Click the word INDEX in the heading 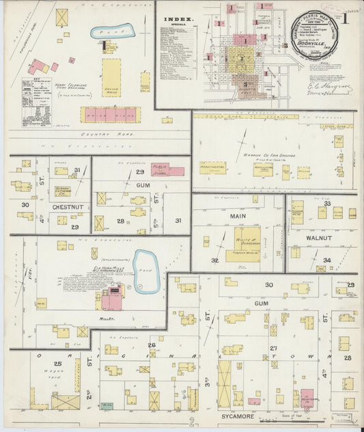pos(179,20)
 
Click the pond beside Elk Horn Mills pos(145,262)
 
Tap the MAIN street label pos(238,216)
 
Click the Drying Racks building pos(111,77)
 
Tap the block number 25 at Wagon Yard pos(58,364)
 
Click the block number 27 pos(273,349)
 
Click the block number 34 pos(326,260)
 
